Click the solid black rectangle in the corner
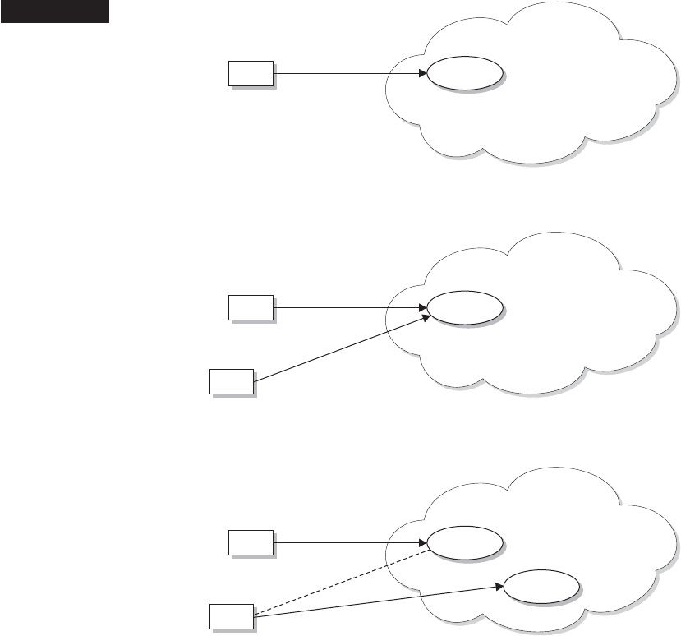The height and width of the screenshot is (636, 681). point(54,12)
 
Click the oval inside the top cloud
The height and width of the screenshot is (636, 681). point(465,74)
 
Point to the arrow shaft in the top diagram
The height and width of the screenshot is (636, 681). point(345,74)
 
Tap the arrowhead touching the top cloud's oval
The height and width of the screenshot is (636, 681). point(422,74)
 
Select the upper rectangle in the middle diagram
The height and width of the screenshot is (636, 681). point(250,308)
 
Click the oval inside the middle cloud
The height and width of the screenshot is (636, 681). point(465,308)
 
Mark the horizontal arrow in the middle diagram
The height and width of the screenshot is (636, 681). point(345,308)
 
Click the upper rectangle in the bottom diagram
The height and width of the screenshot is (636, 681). point(250,542)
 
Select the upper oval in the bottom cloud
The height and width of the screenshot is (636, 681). point(465,542)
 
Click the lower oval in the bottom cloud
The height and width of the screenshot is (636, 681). point(541,588)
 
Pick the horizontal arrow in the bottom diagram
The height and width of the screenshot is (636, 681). point(345,542)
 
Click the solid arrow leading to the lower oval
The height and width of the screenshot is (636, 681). point(378,601)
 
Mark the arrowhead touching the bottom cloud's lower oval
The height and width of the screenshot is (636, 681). point(499,587)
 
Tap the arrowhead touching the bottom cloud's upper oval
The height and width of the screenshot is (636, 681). point(422,542)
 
